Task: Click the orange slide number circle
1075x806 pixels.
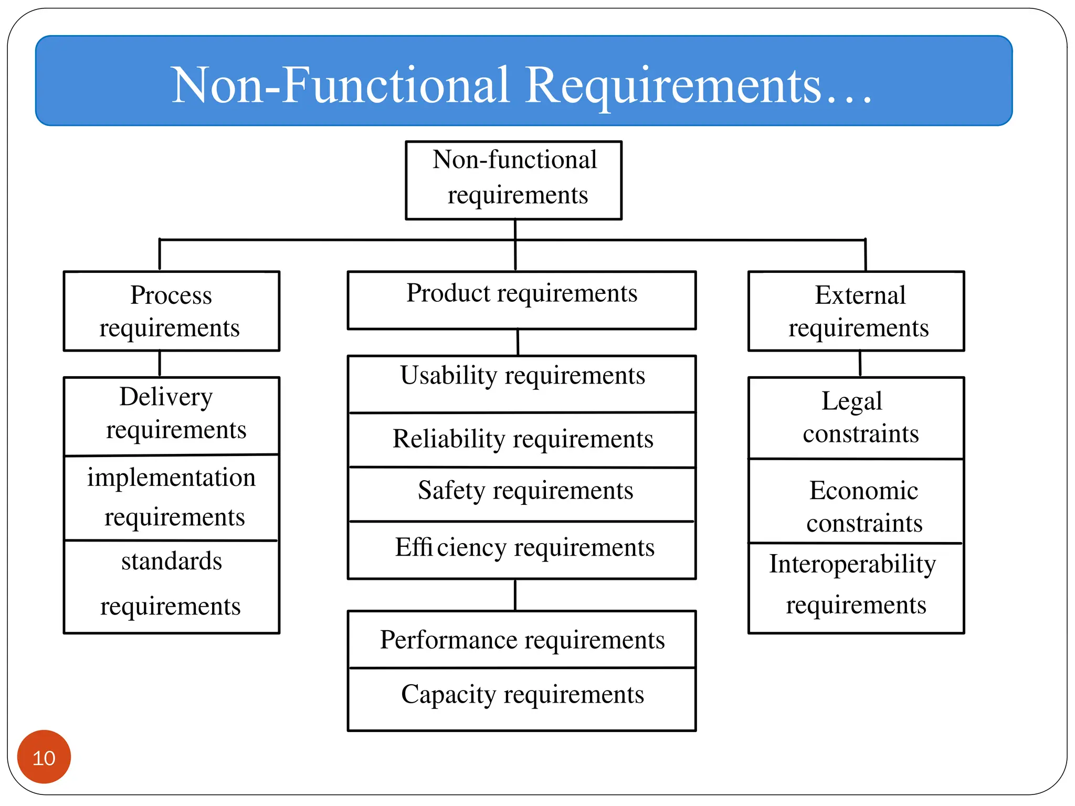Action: pyautogui.click(x=44, y=757)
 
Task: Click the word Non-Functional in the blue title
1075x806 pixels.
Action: pyautogui.click(x=341, y=85)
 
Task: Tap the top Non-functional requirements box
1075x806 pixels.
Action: pyautogui.click(x=514, y=180)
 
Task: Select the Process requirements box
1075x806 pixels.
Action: pyautogui.click(x=171, y=311)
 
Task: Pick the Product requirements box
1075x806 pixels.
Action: pyautogui.click(x=522, y=300)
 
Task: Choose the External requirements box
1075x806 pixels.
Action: pyautogui.click(x=856, y=311)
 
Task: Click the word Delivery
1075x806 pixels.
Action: pyautogui.click(x=166, y=397)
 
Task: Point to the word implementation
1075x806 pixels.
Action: pyautogui.click(x=171, y=478)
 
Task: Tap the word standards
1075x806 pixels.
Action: pyautogui.click(x=172, y=561)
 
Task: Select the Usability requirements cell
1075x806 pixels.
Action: pyautogui.click(x=522, y=384)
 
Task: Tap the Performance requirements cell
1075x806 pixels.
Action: pyautogui.click(x=522, y=640)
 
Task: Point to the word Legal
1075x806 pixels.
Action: pyautogui.click(x=851, y=401)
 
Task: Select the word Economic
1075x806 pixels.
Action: pyautogui.click(x=863, y=491)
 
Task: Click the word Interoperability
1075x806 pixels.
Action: pyautogui.click(x=852, y=564)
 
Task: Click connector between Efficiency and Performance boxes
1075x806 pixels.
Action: pyautogui.click(x=515, y=595)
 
